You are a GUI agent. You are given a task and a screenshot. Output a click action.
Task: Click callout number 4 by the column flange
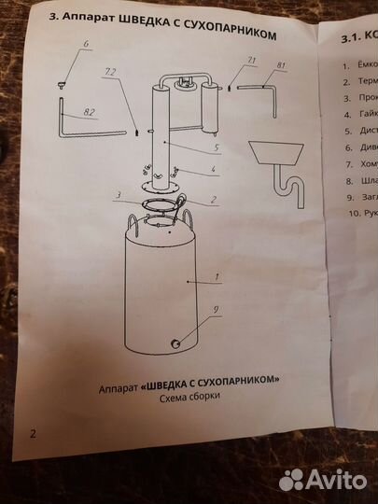[x=214, y=171]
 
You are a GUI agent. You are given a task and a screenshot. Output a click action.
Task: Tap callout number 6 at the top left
[x=85, y=44]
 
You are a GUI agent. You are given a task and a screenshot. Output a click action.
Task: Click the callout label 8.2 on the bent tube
[x=89, y=112]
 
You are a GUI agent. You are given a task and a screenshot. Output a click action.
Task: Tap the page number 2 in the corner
[x=33, y=433]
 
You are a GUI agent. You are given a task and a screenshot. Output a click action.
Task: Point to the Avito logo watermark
[x=323, y=479]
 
